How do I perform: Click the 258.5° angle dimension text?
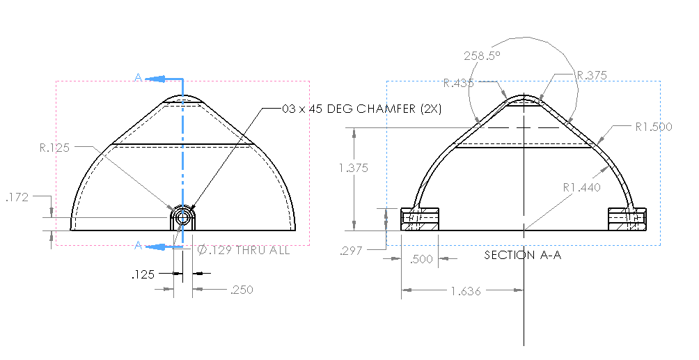pyautogui.click(x=482, y=56)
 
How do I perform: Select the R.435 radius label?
pyautogui.click(x=458, y=83)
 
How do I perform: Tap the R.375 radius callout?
pyautogui.click(x=592, y=75)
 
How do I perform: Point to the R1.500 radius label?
pyautogui.click(x=653, y=127)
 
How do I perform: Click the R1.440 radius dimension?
pyautogui.click(x=582, y=187)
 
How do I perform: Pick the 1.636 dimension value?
pyautogui.click(x=466, y=291)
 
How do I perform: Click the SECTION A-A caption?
pyautogui.click(x=523, y=255)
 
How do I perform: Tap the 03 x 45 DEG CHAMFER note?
pyautogui.click(x=362, y=109)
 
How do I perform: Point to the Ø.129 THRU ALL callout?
pyautogui.click(x=243, y=250)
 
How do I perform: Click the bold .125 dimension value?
pyautogui.click(x=143, y=274)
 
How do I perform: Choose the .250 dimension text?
pyautogui.click(x=242, y=290)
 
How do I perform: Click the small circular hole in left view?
pyautogui.click(x=182, y=218)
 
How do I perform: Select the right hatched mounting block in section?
pyautogui.click(x=627, y=219)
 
